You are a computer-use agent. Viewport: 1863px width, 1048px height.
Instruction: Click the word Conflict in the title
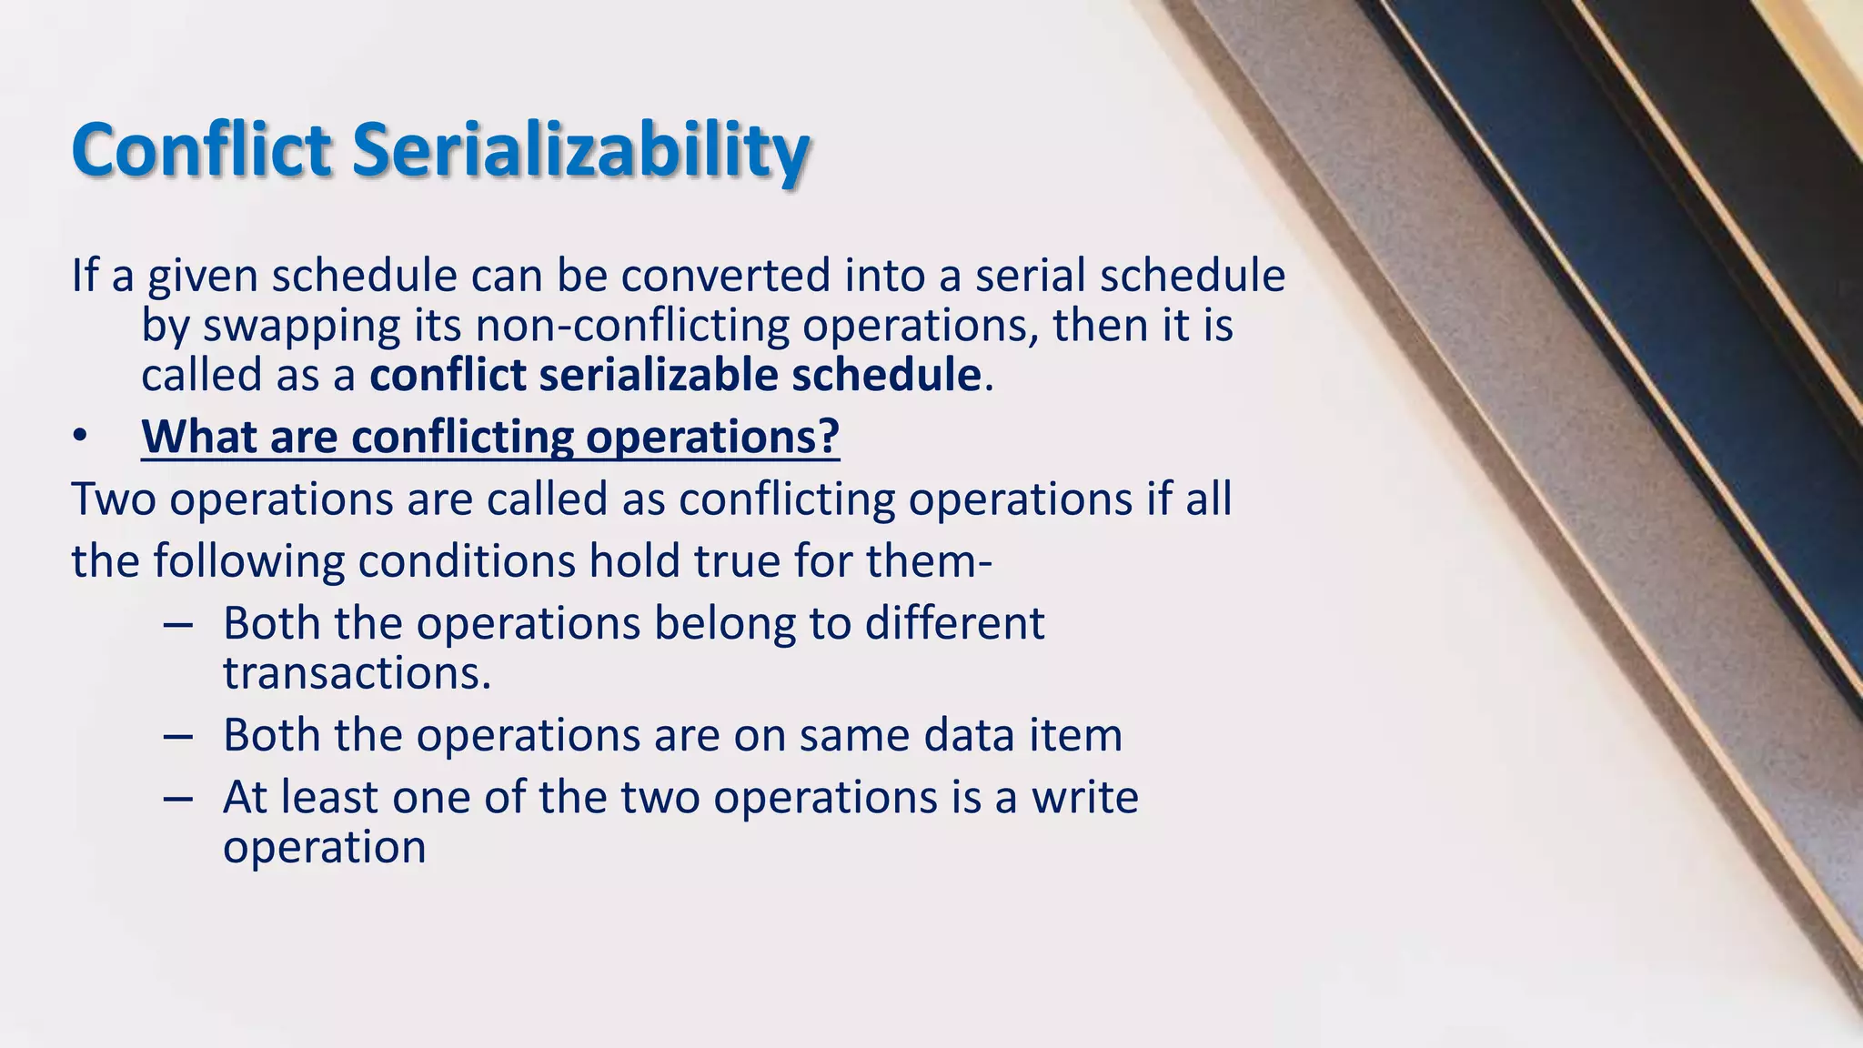(201, 149)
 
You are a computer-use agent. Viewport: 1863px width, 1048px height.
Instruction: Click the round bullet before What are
(80, 438)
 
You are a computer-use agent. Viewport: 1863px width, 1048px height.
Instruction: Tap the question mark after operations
(828, 438)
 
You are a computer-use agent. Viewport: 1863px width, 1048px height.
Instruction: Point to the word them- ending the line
(929, 561)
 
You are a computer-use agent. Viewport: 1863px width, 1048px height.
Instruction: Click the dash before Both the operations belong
(178, 625)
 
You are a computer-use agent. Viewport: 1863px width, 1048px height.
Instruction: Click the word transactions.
(357, 673)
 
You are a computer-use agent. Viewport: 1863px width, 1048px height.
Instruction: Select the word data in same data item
(969, 735)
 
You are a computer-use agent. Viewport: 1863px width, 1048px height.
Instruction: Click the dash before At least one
(178, 799)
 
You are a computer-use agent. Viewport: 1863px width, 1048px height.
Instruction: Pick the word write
(1084, 798)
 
